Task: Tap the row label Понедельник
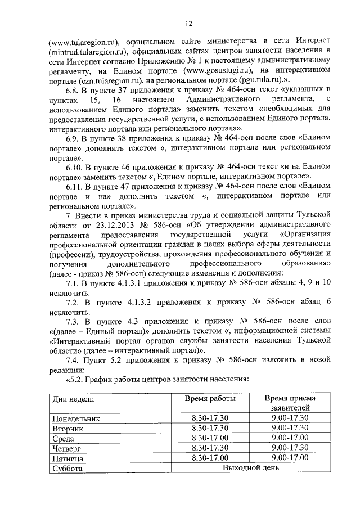point(76,419)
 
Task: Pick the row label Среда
point(64,439)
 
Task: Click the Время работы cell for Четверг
point(210,448)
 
